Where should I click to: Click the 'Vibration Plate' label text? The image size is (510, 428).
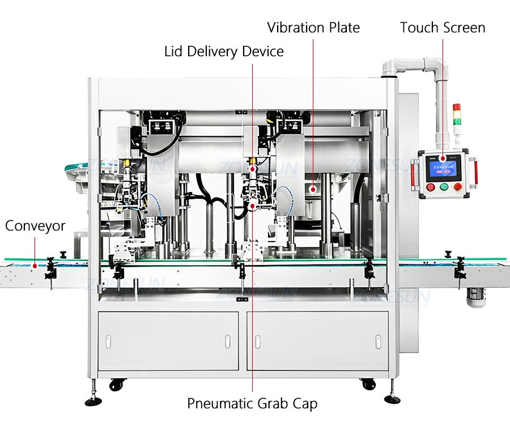point(313,28)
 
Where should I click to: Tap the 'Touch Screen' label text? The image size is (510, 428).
point(443,28)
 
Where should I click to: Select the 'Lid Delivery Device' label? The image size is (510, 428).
point(224,52)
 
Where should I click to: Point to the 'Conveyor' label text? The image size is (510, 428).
point(35,226)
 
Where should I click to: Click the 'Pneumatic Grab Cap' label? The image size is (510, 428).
point(252,404)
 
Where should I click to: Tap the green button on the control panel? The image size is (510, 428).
point(444,187)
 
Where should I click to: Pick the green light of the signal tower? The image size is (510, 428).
point(457,121)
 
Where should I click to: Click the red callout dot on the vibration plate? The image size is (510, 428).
point(313,189)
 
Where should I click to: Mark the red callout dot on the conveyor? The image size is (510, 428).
point(35,266)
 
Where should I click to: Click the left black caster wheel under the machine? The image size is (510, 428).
point(116,384)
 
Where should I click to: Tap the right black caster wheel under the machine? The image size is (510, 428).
point(368,384)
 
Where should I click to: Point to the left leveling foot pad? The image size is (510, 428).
point(93,401)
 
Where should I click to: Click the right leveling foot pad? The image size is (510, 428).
point(392,399)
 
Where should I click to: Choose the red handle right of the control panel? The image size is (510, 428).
point(474,174)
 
